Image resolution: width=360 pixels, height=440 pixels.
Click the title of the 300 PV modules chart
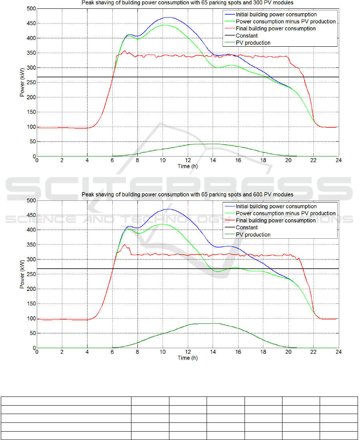tap(187, 3)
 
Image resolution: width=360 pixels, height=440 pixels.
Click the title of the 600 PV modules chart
tap(187, 194)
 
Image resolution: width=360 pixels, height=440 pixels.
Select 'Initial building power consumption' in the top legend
tap(276, 14)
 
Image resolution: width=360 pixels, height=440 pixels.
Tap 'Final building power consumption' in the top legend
tap(276, 29)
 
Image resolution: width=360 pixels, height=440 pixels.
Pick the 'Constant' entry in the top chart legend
tap(247, 36)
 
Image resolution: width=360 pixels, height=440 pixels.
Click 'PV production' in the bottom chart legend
tap(253, 234)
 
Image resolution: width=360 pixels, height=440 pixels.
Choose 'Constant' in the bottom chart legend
tap(247, 228)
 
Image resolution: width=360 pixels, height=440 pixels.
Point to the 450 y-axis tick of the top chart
tap(31, 24)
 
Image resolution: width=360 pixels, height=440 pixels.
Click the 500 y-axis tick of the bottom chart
tap(31, 200)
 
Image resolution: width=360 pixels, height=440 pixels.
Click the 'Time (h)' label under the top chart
tap(187, 166)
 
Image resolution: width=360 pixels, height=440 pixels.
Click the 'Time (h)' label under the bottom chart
tap(187, 358)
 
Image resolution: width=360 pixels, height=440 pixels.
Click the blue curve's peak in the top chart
tap(168, 18)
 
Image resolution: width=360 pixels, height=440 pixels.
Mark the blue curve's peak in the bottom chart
tap(168, 209)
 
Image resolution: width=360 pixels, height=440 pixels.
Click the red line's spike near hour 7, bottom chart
tap(125, 245)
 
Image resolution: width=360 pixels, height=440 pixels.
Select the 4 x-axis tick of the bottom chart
tap(87, 352)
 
